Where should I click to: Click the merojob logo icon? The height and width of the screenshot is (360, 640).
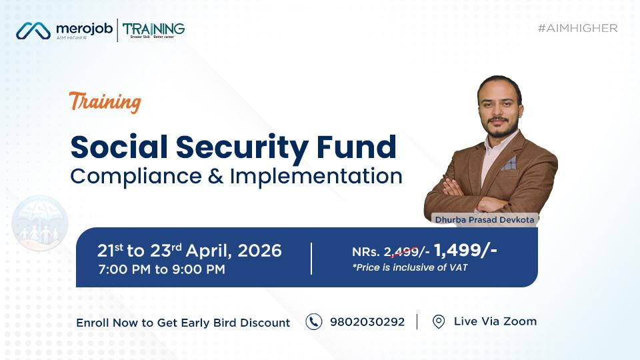pos(33,31)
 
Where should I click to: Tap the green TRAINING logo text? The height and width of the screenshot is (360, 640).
pos(153,29)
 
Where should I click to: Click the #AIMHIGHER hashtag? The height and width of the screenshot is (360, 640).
pos(577,28)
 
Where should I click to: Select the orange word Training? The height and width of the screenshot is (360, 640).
pos(105,102)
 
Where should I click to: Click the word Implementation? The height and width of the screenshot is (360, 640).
pos(316,176)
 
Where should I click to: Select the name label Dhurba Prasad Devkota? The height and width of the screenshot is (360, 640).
pos(484,219)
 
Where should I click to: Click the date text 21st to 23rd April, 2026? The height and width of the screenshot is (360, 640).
pos(189,251)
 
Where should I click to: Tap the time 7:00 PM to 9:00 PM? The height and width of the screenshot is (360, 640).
pos(161,270)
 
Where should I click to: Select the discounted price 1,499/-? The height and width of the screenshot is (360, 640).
pos(465,250)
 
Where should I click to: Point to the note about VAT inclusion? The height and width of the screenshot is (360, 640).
pos(410,268)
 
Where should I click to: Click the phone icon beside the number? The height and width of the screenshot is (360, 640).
pos(313,322)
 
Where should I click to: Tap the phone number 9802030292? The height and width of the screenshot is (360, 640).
pos(367,322)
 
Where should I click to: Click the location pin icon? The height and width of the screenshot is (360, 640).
pos(438,322)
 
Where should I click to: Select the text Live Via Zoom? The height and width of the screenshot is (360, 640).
pos(495,321)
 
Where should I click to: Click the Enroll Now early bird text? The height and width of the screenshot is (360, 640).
pos(183,323)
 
